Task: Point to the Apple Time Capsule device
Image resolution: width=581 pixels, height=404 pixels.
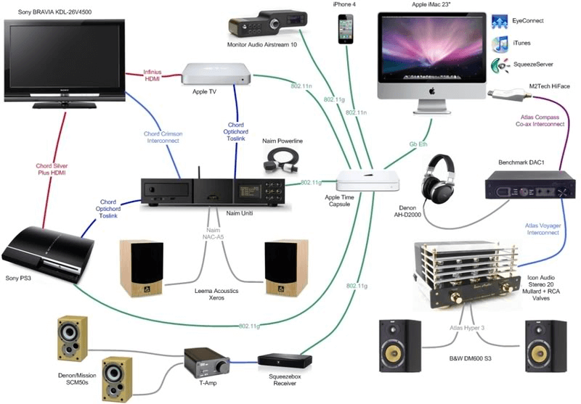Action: (368, 181)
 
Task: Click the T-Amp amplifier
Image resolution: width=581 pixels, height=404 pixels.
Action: (208, 360)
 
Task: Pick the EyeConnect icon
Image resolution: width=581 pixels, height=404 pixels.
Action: (500, 22)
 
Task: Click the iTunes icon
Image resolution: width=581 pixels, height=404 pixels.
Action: (500, 44)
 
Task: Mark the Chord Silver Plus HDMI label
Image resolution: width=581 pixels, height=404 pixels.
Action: (52, 170)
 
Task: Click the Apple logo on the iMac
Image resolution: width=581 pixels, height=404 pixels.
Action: (431, 91)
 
